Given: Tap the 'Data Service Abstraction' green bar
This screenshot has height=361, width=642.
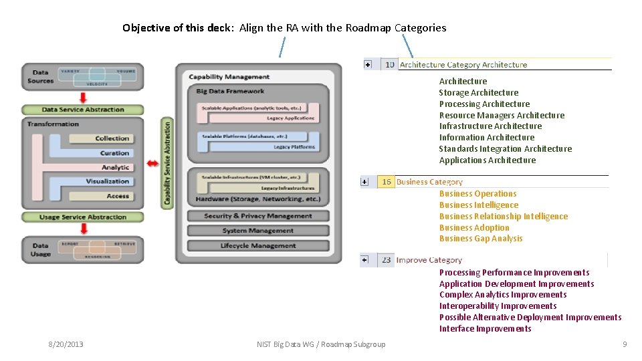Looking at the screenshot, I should [83, 110].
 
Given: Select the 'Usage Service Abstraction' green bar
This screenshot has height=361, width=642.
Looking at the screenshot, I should [83, 217].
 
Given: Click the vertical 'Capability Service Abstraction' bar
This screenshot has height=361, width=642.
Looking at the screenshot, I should [167, 162].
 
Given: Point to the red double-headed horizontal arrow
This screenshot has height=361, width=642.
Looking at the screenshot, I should [153, 164].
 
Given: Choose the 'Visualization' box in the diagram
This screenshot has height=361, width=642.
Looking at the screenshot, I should [107, 181].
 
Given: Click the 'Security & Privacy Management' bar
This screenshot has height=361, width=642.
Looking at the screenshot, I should [257, 216].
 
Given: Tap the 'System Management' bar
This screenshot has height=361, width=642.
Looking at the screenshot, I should [257, 231].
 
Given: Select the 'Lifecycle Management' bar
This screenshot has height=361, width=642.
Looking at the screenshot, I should [257, 246].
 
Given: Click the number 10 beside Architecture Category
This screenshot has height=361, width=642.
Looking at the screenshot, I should [389, 65].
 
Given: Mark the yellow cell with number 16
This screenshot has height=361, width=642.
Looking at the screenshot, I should [386, 182].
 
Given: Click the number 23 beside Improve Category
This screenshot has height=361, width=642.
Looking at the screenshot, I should [387, 260].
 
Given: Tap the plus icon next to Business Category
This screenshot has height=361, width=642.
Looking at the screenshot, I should [364, 182].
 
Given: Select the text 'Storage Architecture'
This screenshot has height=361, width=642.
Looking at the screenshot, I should [478, 93].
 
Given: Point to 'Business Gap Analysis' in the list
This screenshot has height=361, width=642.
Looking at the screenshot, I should [480, 239].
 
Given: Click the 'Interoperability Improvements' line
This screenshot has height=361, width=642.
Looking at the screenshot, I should [498, 306].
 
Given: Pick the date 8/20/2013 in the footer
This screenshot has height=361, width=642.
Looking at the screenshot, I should [66, 344].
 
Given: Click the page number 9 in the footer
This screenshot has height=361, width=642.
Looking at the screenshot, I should [624, 344].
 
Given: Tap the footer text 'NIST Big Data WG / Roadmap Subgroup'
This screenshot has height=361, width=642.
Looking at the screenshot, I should [321, 344].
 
